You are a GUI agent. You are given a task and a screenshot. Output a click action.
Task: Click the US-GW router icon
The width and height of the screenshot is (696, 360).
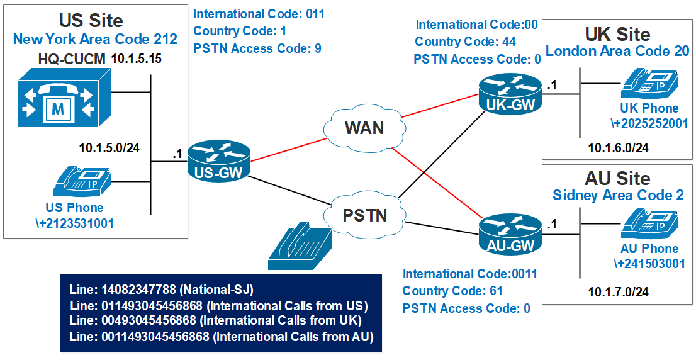click(x=218, y=163)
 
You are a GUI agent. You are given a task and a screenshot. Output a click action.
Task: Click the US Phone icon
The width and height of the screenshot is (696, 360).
click(x=83, y=179)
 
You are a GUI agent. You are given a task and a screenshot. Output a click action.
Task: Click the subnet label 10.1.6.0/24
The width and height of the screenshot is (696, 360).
click(x=618, y=148)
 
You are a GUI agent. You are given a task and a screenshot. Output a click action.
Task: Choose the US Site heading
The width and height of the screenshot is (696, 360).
click(x=92, y=20)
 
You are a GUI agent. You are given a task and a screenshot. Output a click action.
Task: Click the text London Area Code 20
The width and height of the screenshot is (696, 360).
click(x=617, y=51)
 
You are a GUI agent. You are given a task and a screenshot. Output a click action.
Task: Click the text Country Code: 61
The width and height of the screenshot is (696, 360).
click(x=452, y=291)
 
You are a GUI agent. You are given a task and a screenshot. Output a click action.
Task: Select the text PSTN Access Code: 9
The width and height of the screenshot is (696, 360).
click(x=257, y=48)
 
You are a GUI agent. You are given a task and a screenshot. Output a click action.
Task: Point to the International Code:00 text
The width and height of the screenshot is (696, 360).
click(x=477, y=25)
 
